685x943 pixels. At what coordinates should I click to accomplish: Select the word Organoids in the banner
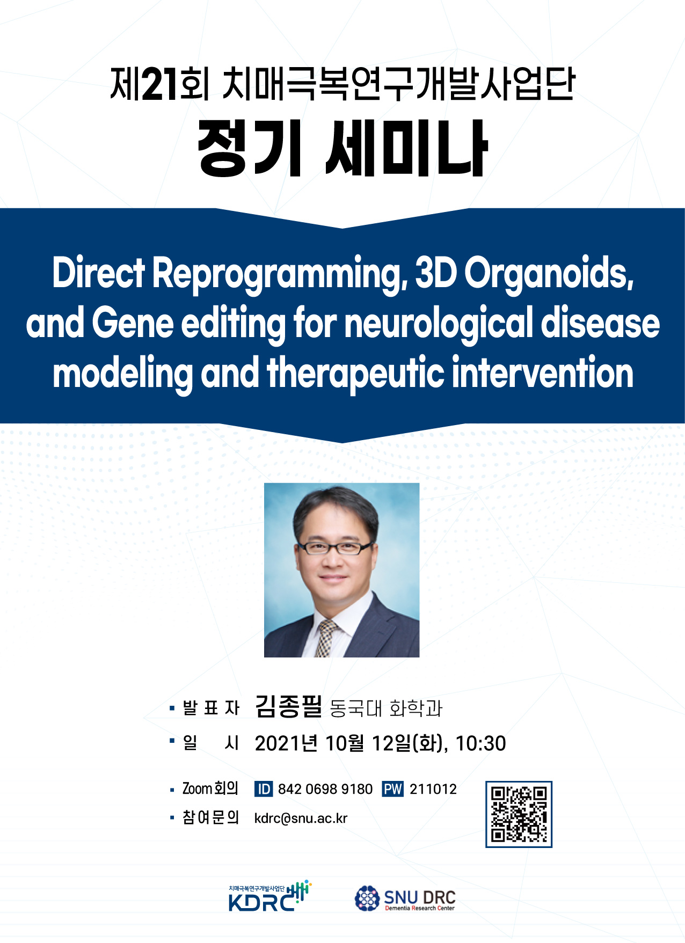(x=549, y=273)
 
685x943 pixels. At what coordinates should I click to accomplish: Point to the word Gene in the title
(x=133, y=323)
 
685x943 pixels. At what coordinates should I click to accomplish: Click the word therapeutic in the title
(x=355, y=374)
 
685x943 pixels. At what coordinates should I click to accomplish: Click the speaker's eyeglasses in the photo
(x=335, y=548)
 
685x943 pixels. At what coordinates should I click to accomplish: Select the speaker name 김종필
(x=288, y=706)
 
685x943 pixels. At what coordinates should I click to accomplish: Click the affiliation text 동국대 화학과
(x=386, y=708)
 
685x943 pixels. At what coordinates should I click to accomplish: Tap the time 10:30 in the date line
(x=480, y=744)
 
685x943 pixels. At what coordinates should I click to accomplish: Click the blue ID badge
(x=264, y=789)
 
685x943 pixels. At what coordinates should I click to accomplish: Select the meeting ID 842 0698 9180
(x=325, y=789)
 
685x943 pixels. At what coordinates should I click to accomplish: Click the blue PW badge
(x=393, y=789)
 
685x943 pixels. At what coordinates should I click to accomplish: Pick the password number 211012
(x=433, y=789)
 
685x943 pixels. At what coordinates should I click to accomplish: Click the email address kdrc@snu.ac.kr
(x=301, y=818)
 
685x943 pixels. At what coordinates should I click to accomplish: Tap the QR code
(x=519, y=814)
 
